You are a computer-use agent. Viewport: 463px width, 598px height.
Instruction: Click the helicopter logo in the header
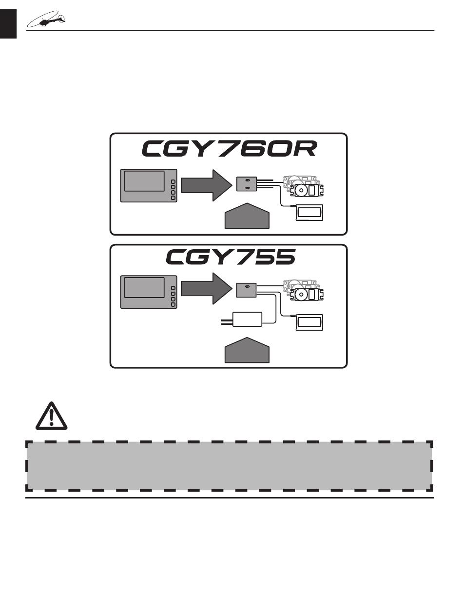[x=47, y=20]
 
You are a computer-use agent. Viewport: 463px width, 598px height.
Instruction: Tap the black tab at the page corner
[x=8, y=23]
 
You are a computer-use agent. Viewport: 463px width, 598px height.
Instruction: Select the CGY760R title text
[x=229, y=149]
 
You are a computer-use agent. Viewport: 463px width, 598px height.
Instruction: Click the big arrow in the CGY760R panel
[x=205, y=185]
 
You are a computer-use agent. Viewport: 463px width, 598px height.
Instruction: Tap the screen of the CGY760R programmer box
[x=144, y=181]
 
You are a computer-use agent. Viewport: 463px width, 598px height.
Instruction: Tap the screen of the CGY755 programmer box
[x=144, y=288]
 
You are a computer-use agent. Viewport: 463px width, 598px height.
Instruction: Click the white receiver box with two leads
[x=247, y=319]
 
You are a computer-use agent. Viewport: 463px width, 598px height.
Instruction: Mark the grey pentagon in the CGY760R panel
[x=247, y=216]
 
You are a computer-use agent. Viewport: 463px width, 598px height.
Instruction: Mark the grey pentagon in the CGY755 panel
[x=247, y=351]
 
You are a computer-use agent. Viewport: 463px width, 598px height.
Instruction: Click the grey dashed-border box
[x=229, y=466]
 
